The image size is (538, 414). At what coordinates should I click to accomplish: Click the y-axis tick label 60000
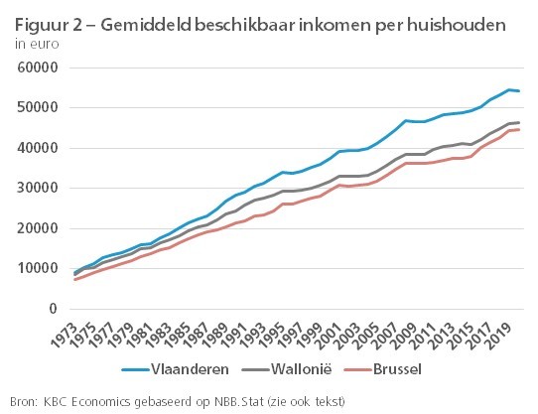click(x=36, y=68)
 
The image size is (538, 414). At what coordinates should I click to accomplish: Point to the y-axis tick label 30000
click(x=36, y=189)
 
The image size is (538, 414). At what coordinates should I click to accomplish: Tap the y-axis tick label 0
click(x=51, y=309)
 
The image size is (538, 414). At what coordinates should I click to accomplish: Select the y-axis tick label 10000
click(x=36, y=269)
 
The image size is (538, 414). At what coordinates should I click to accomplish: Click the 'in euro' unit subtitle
click(x=33, y=44)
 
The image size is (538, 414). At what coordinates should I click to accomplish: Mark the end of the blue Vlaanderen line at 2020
click(x=520, y=91)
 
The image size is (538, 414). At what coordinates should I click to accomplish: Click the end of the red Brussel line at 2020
click(x=520, y=130)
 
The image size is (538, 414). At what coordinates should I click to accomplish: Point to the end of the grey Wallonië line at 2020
click(x=520, y=123)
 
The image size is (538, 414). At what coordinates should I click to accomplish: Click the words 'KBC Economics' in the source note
click(x=82, y=400)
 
